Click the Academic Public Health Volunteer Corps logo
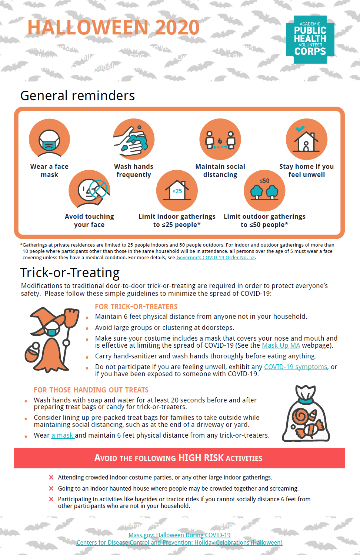[x=310, y=39]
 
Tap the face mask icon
[x=49, y=139]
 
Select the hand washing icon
[x=133, y=139]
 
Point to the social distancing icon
[x=220, y=139]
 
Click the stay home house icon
[x=306, y=139]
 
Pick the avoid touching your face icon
[x=89, y=190]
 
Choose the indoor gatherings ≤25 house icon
[x=177, y=190]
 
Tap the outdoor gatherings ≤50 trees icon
[x=264, y=190]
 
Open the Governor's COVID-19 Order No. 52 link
[x=216, y=258]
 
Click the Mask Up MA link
[x=281, y=345]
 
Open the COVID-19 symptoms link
[x=296, y=367]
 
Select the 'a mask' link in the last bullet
[x=63, y=435]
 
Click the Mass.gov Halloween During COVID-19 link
[x=179, y=535]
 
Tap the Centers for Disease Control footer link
[x=179, y=542]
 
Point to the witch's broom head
[x=72, y=318]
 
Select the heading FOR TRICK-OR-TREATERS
[x=136, y=307]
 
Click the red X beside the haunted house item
[x=51, y=488]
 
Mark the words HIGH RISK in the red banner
[x=201, y=458]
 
